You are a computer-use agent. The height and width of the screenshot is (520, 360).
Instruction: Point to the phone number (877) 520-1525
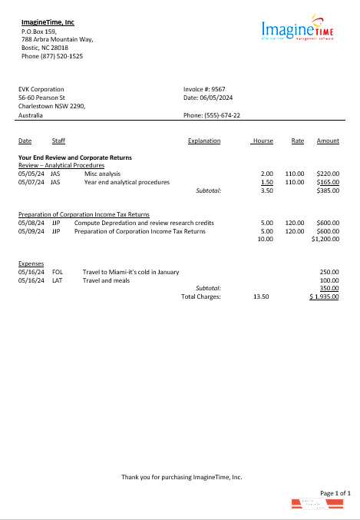point(52,56)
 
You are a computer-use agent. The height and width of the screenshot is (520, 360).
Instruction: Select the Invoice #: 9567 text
point(204,89)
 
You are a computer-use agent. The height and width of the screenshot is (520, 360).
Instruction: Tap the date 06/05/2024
point(217,98)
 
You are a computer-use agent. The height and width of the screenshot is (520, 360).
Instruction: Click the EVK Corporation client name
point(41,89)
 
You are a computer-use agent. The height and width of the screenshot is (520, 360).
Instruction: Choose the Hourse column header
point(263,141)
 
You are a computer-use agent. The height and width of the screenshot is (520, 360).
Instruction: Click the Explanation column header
point(204,141)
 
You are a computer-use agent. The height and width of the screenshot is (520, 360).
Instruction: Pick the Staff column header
point(59,141)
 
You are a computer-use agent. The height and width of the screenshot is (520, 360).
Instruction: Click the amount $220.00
point(328,174)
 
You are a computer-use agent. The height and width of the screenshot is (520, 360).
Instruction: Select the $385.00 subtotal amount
point(328,190)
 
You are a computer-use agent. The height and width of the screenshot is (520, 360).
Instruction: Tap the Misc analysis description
point(103,174)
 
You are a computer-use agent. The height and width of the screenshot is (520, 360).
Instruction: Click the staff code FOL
point(58,272)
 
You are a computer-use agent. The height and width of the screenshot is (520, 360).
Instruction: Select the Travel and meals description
point(107,280)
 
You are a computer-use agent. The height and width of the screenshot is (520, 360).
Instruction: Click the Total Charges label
point(200,296)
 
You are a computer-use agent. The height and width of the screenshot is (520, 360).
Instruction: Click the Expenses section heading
point(31,263)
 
